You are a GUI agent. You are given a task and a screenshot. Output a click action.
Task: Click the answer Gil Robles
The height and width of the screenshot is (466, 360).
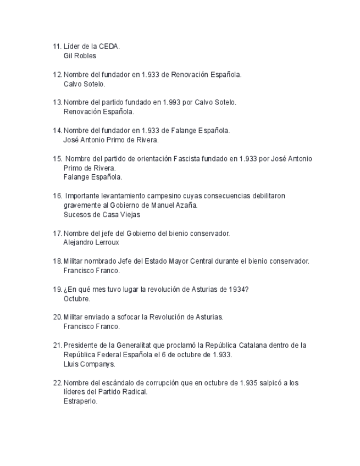80,56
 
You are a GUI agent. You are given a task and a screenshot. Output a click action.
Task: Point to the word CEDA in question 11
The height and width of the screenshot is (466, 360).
109,47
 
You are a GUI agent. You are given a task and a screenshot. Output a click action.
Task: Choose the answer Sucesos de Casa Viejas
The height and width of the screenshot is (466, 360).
102,215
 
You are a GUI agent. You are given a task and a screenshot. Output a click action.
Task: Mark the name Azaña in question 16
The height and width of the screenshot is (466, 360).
187,206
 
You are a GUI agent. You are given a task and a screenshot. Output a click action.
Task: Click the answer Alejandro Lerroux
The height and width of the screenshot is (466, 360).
91,242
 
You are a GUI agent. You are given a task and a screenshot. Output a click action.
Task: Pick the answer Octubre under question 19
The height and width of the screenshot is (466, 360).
76,299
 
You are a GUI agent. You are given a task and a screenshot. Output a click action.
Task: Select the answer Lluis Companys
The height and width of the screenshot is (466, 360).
89,364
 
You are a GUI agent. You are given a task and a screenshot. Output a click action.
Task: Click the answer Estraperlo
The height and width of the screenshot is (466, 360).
80,401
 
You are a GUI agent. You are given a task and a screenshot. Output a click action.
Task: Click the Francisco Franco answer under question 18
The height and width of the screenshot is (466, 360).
91,270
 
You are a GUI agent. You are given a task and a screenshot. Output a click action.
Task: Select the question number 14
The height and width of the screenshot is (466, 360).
57,130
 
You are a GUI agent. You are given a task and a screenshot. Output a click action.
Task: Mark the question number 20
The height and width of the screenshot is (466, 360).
57,317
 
